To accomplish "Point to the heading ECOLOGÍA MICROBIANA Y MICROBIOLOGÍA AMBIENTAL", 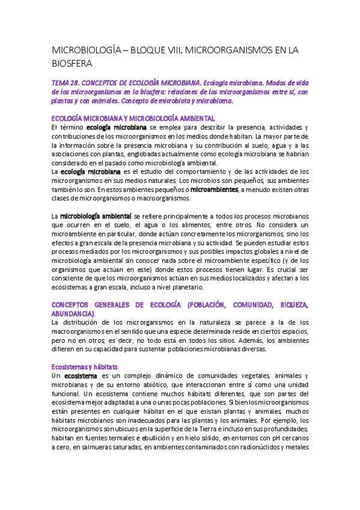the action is (133, 118).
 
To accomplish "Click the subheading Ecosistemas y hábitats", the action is (84, 366).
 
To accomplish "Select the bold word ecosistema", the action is (80, 375).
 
